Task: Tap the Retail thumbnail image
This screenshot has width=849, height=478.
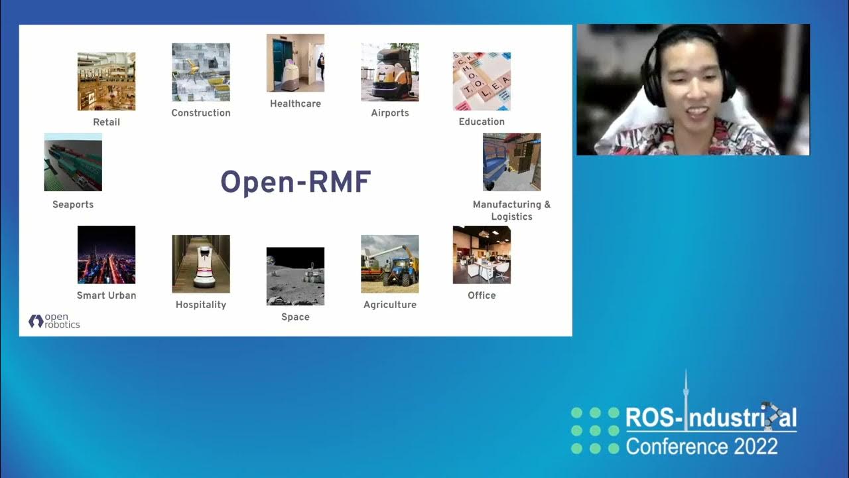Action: (106, 81)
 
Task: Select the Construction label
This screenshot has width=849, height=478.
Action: (201, 113)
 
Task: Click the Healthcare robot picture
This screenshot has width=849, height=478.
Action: (295, 63)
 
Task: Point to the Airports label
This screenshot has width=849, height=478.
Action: (390, 113)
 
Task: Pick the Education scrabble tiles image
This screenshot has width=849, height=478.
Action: (482, 81)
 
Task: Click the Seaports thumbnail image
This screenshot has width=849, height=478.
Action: (73, 162)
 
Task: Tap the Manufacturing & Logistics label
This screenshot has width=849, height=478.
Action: (511, 210)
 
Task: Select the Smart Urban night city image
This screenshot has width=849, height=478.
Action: (106, 254)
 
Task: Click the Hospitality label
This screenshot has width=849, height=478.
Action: (201, 305)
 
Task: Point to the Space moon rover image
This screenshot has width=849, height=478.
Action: (295, 276)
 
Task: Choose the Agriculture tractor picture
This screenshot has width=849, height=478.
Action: (390, 264)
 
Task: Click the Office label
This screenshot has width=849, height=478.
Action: (482, 295)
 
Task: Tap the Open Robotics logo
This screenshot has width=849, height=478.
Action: (54, 321)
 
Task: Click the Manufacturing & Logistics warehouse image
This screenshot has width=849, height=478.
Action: (511, 162)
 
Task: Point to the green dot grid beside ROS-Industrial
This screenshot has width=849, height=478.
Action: (595, 431)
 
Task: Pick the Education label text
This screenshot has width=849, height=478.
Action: (482, 121)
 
